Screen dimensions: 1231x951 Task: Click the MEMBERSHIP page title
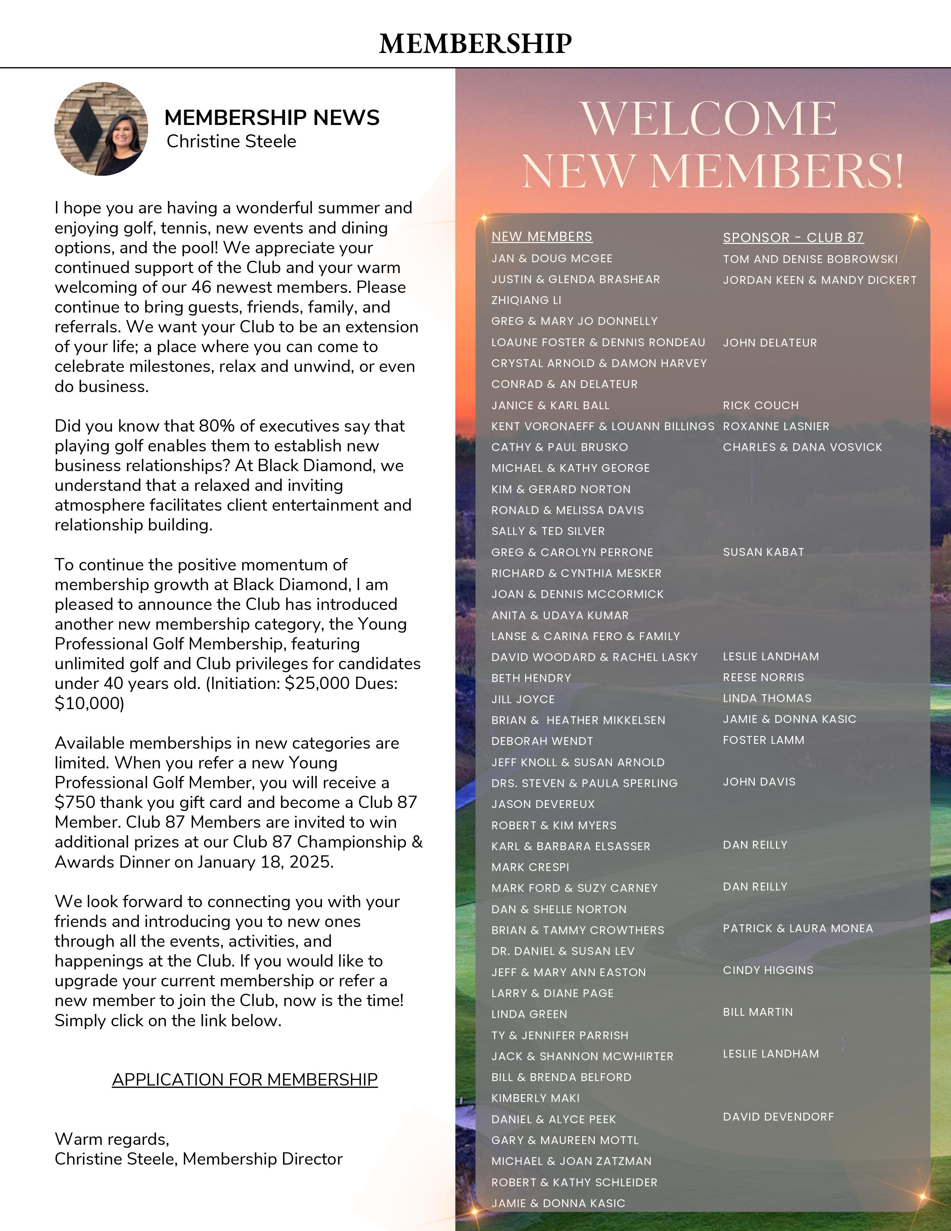click(475, 43)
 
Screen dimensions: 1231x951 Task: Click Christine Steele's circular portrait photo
click(101, 129)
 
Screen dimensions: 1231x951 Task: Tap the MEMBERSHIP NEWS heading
click(272, 118)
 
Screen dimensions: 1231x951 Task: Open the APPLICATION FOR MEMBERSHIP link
click(245, 1080)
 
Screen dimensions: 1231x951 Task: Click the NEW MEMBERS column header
click(542, 237)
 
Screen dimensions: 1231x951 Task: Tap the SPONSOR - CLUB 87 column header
click(793, 237)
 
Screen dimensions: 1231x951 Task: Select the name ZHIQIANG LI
click(526, 300)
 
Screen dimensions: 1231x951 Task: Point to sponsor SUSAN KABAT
click(763, 552)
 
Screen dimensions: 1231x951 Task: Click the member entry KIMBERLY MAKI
click(535, 1098)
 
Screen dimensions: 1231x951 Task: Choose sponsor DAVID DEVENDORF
click(778, 1116)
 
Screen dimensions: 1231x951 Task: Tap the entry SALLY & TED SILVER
click(547, 531)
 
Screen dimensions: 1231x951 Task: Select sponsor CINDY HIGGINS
click(768, 970)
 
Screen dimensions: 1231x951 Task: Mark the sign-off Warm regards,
click(112, 1139)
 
